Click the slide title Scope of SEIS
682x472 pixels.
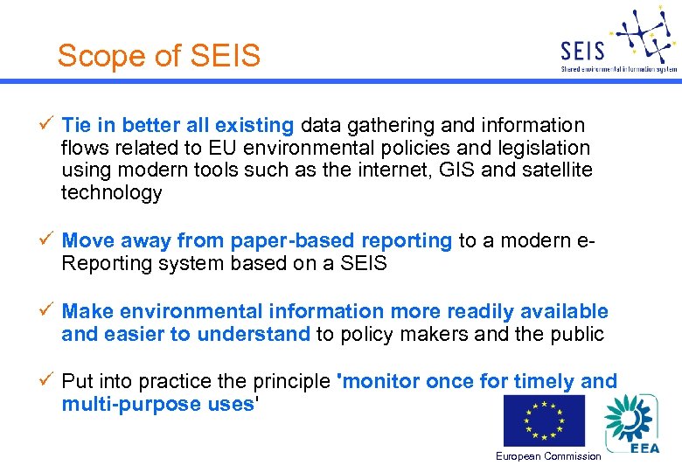click(159, 56)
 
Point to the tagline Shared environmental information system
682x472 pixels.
click(618, 68)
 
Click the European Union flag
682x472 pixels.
click(544, 420)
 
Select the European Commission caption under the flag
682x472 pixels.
click(548, 456)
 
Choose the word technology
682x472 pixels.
click(111, 193)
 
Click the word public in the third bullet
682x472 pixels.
click(575, 334)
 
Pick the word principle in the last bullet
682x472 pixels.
click(292, 382)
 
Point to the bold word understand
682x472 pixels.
click(254, 334)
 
